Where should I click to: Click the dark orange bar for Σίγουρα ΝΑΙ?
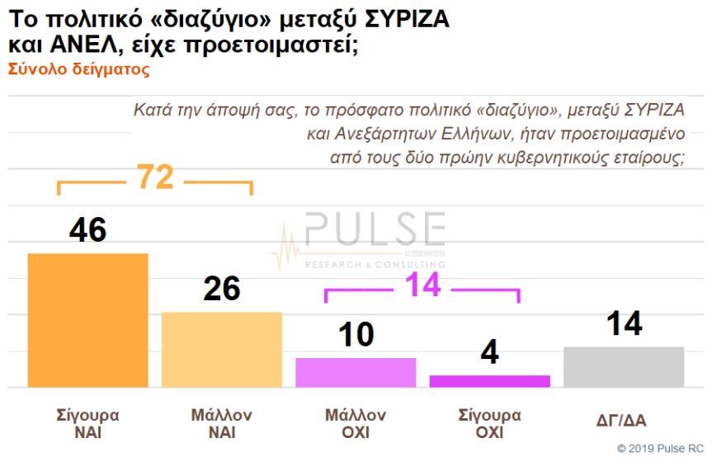87,320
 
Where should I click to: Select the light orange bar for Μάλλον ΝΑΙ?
221,349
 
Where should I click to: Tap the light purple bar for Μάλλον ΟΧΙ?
355,372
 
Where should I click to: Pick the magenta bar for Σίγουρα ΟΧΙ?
489,380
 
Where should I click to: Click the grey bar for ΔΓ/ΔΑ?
624,366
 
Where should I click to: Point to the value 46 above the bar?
87,230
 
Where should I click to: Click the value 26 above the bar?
221,289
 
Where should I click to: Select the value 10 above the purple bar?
355,335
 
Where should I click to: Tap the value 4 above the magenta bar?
489,352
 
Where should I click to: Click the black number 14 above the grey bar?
624,323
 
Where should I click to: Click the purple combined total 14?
422,285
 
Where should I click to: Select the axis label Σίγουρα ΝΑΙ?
87,423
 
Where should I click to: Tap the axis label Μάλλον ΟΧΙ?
355,423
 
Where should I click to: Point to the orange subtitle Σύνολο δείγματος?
79,70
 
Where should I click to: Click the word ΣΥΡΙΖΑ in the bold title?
397,20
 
